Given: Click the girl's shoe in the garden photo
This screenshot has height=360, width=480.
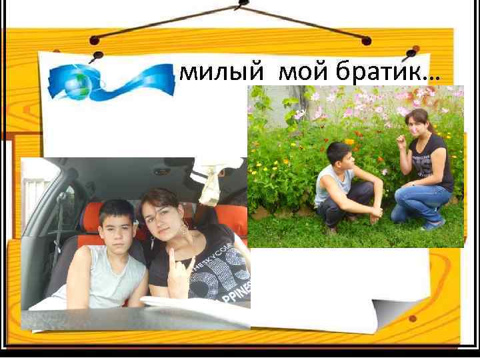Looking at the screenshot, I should pos(433,225).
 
